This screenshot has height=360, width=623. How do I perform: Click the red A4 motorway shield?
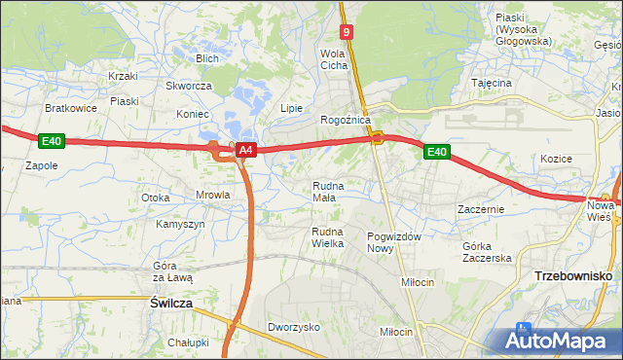tap(246, 151)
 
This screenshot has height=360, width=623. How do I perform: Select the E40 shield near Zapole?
tap(52, 142)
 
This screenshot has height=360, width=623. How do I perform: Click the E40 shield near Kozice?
tap(437, 152)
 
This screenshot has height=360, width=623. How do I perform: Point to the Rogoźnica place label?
tap(346, 120)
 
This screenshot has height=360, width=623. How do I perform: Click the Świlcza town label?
tap(171, 304)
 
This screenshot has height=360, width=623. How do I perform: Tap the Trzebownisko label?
tap(572, 276)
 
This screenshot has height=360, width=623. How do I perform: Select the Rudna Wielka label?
tap(327, 237)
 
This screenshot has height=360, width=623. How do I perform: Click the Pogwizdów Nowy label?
tap(393, 243)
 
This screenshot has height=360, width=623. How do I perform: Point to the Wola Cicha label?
tap(334, 59)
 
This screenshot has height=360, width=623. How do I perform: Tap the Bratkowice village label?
tap(70, 108)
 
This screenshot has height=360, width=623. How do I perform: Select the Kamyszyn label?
tap(180, 224)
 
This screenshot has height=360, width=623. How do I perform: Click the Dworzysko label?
tap(294, 328)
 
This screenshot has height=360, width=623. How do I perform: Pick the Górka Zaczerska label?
tap(487, 252)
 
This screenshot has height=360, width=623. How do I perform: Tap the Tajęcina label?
tap(492, 84)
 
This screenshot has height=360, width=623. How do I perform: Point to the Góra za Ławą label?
tap(173, 271)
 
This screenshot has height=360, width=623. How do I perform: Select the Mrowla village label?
tap(213, 195)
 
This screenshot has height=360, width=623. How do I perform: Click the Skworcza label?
tap(189, 86)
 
